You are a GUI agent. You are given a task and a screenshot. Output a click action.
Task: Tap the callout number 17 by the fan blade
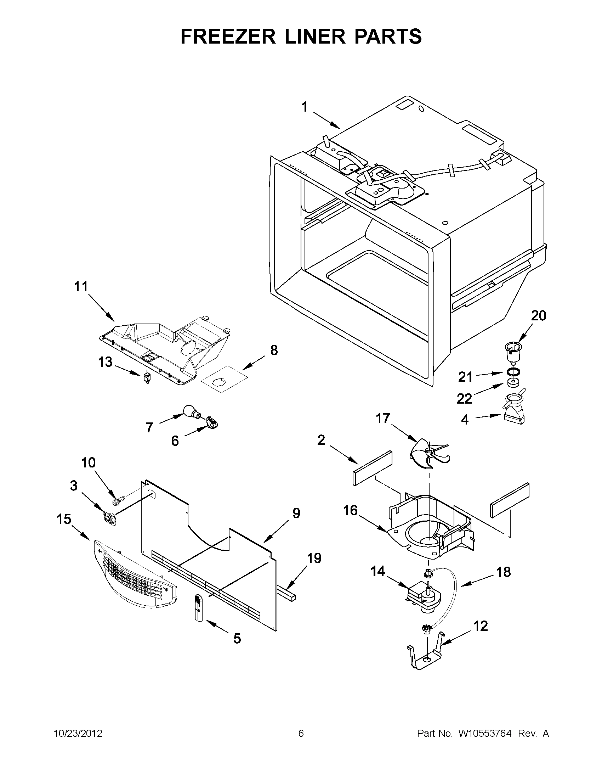pyautogui.click(x=382, y=418)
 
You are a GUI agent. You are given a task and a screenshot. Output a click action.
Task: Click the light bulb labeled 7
pyautogui.click(x=191, y=411)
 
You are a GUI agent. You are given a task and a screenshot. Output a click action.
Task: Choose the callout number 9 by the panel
pyautogui.click(x=296, y=513)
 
